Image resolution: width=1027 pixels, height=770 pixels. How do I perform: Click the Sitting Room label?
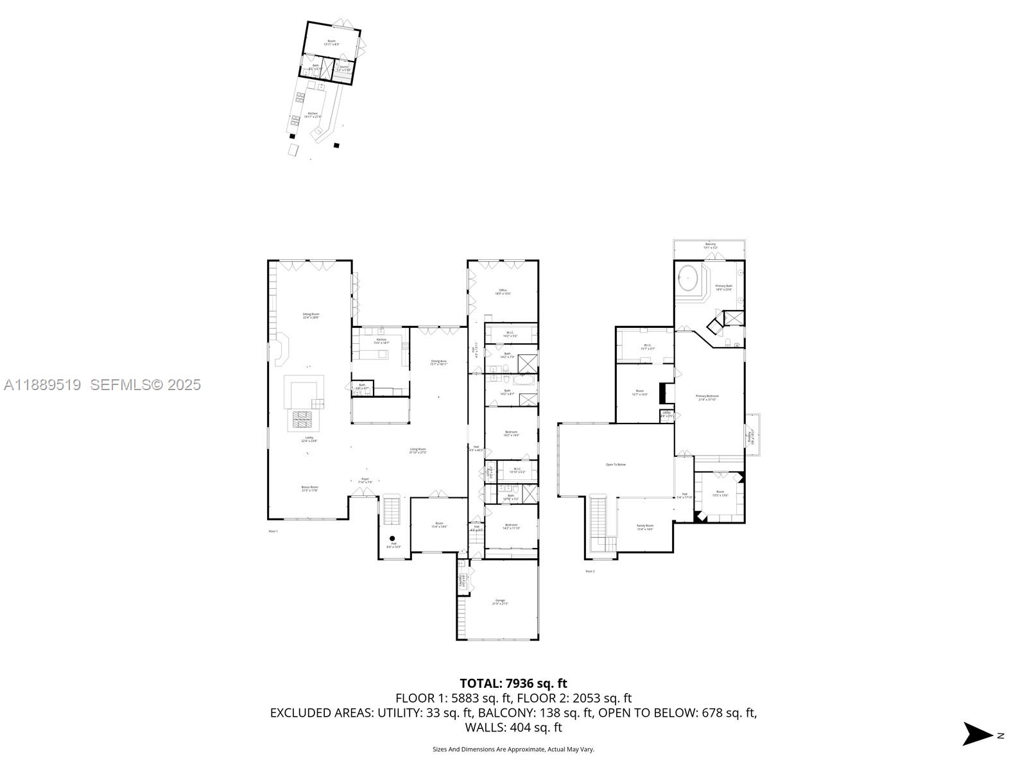(x=311, y=315)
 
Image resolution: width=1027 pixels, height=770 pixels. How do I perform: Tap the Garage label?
(x=500, y=601)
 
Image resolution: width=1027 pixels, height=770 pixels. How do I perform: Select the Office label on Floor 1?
(x=503, y=291)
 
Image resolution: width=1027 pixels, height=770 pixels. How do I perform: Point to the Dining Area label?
(x=438, y=362)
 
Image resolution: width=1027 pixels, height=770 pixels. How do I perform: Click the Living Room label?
(x=418, y=450)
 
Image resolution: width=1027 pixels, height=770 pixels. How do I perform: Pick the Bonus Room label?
(x=309, y=488)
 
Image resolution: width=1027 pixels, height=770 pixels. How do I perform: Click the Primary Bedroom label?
(x=707, y=397)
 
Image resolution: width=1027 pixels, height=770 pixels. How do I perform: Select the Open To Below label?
(x=615, y=465)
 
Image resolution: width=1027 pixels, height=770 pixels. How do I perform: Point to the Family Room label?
(x=644, y=527)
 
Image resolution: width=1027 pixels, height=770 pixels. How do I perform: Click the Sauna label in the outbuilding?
(x=343, y=67)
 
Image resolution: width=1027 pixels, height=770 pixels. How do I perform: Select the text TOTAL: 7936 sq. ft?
(x=513, y=683)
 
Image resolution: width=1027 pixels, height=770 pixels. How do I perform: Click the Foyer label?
(x=365, y=479)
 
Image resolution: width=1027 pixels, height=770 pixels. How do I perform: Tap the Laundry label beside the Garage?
(x=462, y=581)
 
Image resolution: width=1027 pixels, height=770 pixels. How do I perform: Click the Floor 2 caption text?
(x=590, y=570)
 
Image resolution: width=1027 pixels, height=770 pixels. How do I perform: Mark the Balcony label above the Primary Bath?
(x=710, y=244)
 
